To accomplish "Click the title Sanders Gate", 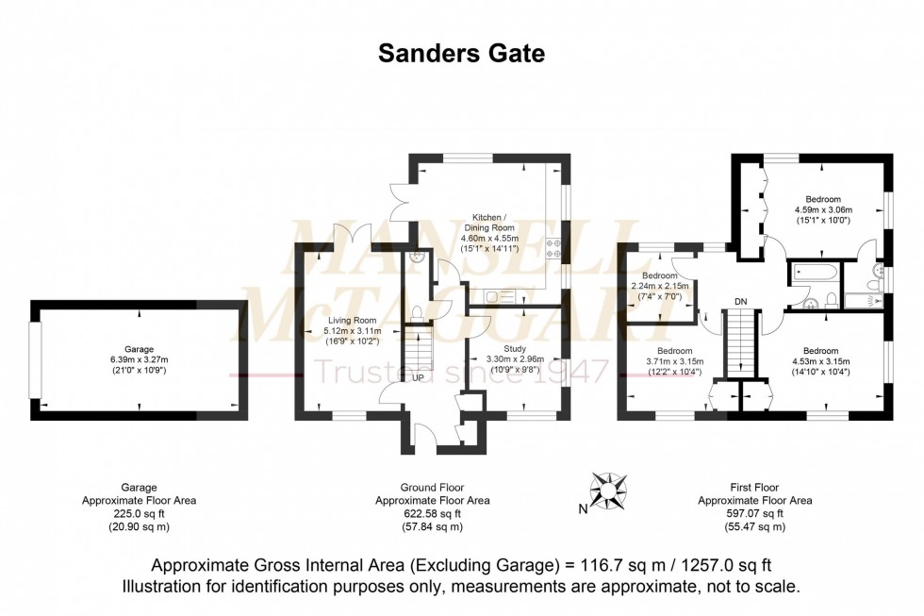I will [x=461, y=54].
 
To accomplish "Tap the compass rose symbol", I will [x=609, y=490].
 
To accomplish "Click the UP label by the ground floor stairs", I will [x=416, y=377].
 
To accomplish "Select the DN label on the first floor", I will [x=741, y=301].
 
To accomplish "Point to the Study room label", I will [x=515, y=348].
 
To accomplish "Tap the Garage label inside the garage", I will [x=139, y=348].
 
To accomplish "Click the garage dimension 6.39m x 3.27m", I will [x=139, y=359].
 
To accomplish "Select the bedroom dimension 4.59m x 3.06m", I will [x=823, y=210].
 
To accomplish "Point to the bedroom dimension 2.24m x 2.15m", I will [x=660, y=286].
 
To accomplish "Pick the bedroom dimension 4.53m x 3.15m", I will [x=822, y=361].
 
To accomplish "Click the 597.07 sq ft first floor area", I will [x=754, y=514].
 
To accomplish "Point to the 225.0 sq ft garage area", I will [x=139, y=514].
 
